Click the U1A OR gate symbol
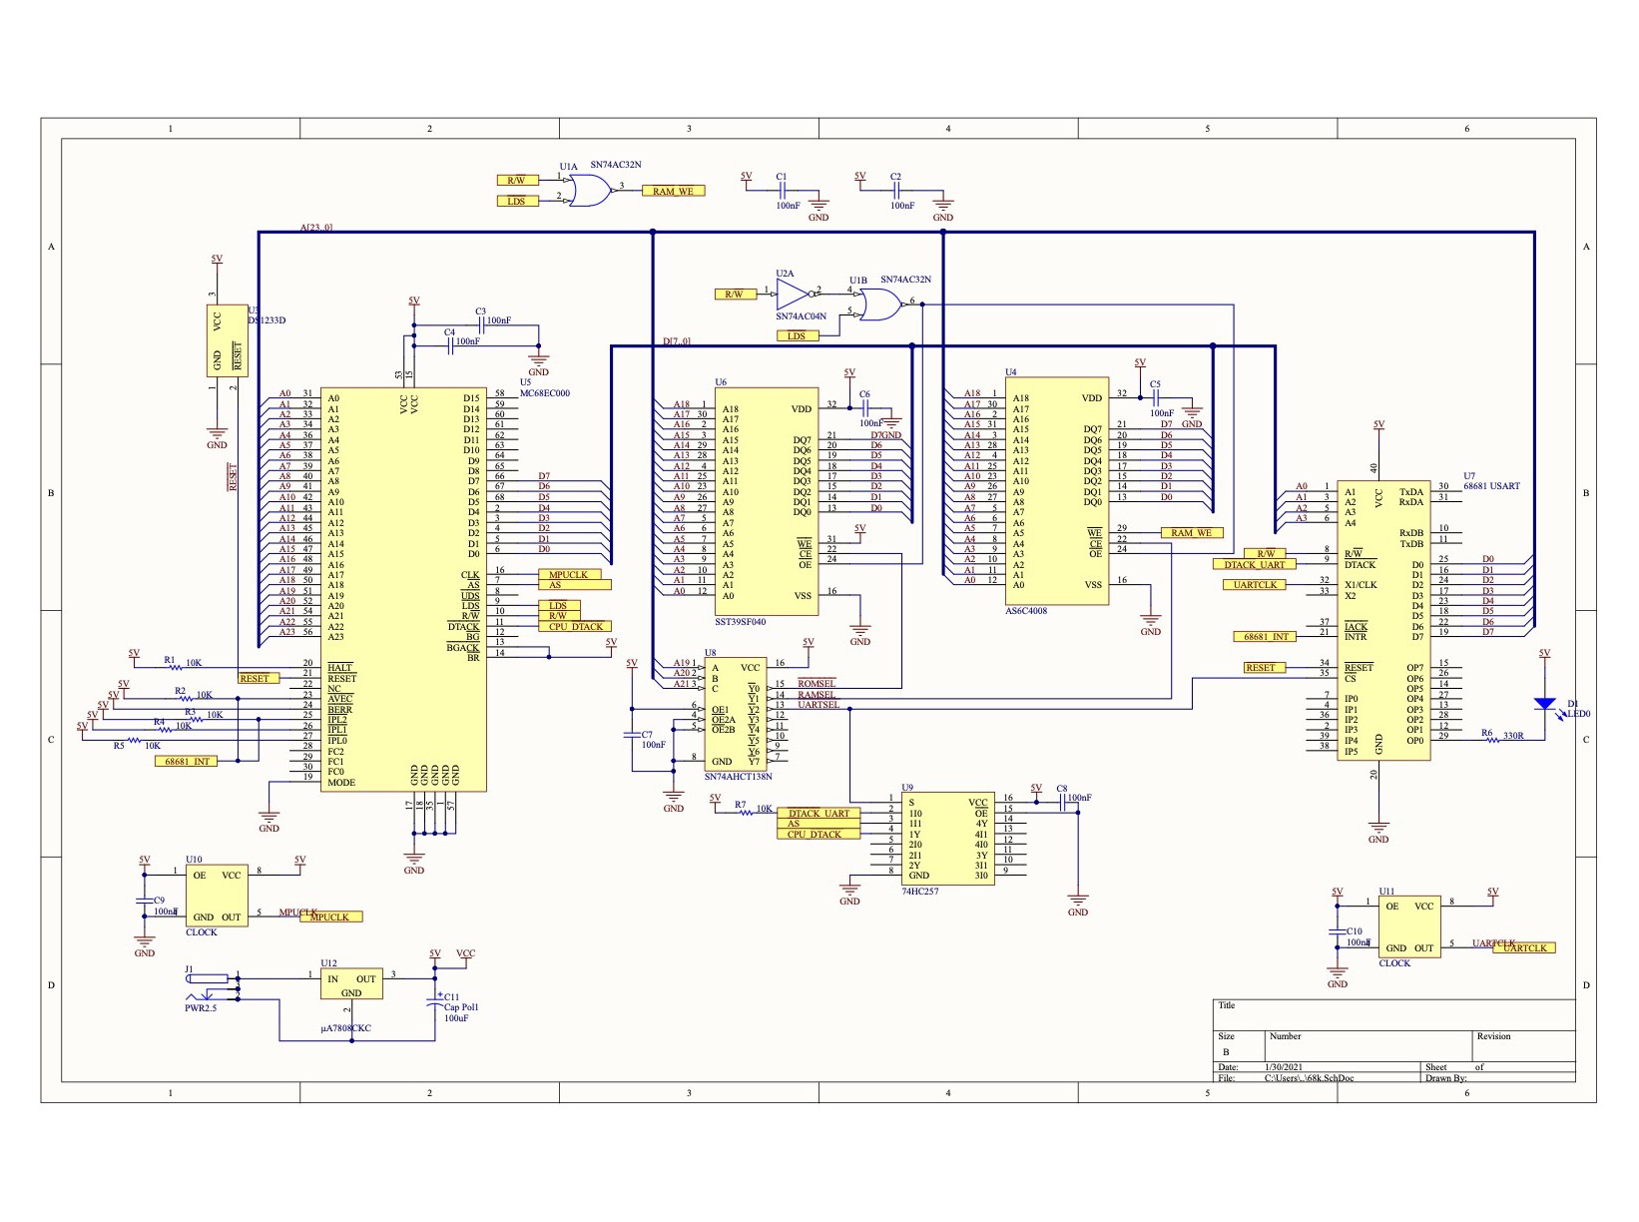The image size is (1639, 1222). pos(589,191)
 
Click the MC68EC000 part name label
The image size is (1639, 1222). pos(544,393)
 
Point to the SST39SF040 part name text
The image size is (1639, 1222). pos(740,622)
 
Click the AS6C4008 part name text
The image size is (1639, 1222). pos(1026,611)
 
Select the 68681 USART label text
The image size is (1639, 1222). pos(1491,486)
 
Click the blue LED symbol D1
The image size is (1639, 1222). pos(1544,704)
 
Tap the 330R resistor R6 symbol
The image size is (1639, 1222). pos(1489,740)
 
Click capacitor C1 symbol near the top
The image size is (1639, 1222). pos(783,189)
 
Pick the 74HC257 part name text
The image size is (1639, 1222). pos(919,892)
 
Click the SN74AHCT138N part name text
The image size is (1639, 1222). pos(738,776)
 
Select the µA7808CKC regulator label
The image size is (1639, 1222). pos(345,1027)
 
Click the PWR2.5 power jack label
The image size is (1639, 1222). pos(201,1008)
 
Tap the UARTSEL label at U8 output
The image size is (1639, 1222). pos(818,705)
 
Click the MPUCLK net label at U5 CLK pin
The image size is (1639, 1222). pos(568,575)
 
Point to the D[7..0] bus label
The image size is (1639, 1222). pos(676,341)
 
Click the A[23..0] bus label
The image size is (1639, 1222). pos(316,228)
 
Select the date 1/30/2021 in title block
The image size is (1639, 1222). pos(1283,1067)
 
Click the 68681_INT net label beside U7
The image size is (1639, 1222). pos(1266,637)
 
